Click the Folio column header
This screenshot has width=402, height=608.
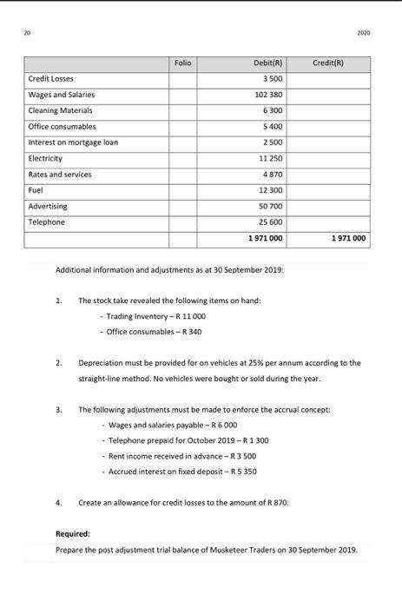tap(182, 63)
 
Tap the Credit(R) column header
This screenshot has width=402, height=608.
tap(327, 63)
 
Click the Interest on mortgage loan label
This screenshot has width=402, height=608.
tap(73, 142)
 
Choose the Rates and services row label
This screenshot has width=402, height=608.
tap(60, 175)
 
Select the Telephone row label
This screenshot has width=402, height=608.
tap(47, 222)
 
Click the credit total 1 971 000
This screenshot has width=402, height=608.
tap(347, 238)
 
